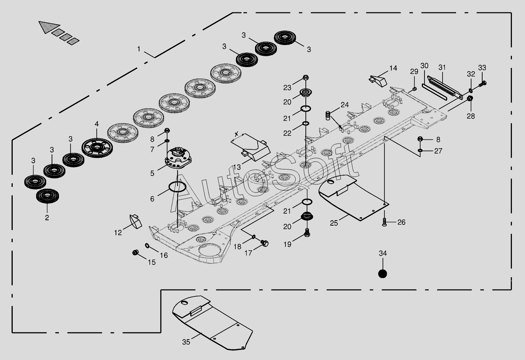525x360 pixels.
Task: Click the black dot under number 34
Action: pos(382,273)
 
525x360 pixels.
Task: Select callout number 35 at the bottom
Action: pos(186,342)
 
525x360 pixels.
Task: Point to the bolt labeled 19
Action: pos(307,233)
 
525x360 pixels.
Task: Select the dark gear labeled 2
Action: pos(47,196)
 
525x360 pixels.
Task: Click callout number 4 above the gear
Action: pos(97,124)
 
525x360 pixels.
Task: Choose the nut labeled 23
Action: pos(305,78)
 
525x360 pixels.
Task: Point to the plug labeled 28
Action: pos(470,99)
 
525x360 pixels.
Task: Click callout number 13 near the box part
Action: pos(237,167)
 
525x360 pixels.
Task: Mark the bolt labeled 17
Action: pos(265,243)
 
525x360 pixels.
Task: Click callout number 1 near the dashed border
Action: pos(139,49)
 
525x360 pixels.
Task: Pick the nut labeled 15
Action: pos(135,252)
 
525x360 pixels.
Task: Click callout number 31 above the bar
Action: pos(442,68)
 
